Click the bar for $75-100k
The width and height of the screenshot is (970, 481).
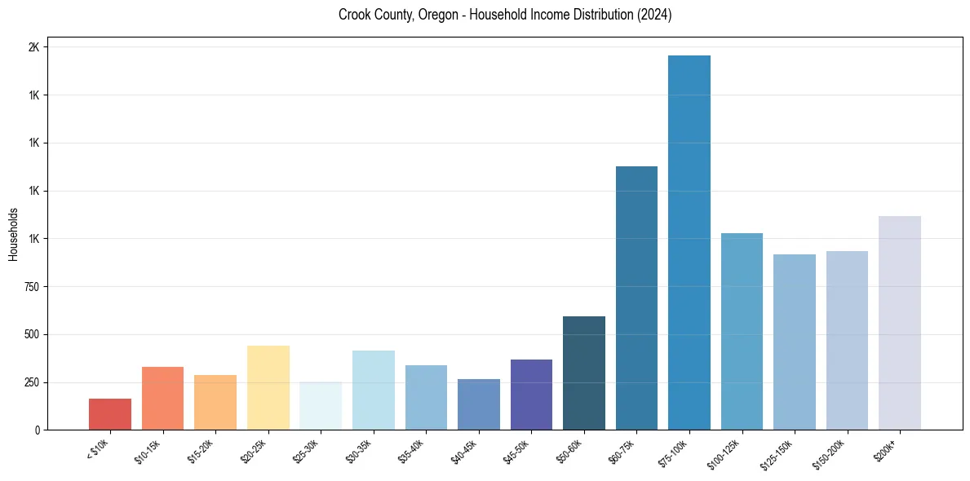tap(689, 242)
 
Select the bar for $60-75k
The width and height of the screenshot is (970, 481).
tap(636, 298)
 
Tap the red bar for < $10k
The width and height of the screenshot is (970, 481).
tap(110, 414)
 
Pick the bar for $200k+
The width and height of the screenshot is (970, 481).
tap(900, 323)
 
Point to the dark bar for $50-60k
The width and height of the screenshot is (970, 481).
tap(584, 373)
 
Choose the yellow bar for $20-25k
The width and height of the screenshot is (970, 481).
tap(268, 387)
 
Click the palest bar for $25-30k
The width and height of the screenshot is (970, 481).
tap(321, 406)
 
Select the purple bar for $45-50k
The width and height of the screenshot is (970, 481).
tap(531, 395)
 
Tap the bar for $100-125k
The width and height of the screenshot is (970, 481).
tap(742, 331)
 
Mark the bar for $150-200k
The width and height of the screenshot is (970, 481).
tap(847, 340)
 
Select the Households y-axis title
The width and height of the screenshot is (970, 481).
tap(13, 234)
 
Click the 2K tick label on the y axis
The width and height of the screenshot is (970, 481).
tap(34, 47)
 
